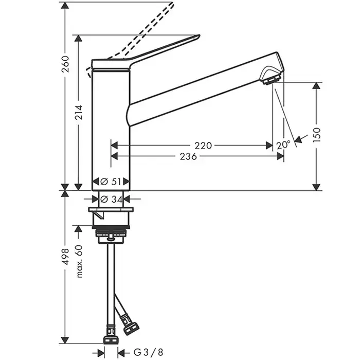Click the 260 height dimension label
point(65,64)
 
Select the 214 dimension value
point(79,113)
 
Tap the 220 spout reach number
point(203,146)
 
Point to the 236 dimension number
point(188,156)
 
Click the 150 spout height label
point(316,135)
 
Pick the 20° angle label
point(283,145)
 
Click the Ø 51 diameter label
point(111,182)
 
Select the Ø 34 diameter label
point(112,200)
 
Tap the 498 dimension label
point(65,257)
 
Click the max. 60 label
point(79,261)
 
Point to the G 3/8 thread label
point(148,352)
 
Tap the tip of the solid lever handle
point(199,35)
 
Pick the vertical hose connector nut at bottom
point(111,340)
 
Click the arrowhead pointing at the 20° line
point(298,139)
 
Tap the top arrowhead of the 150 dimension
point(316,86)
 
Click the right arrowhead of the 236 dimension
point(280,156)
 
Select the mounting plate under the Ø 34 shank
point(111,209)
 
